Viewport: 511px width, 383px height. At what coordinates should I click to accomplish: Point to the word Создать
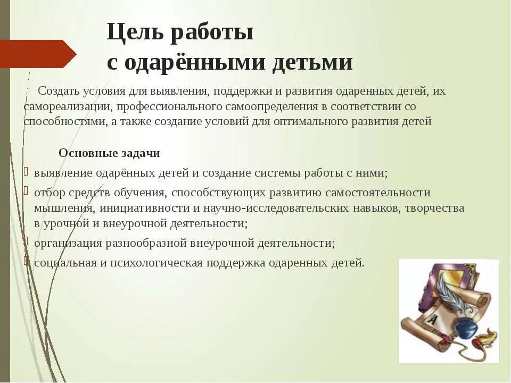59,91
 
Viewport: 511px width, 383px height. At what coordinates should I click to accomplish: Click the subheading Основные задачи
109,153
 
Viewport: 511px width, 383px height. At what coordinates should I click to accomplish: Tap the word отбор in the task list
50,192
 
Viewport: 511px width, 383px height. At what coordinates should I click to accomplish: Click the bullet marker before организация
25,243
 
